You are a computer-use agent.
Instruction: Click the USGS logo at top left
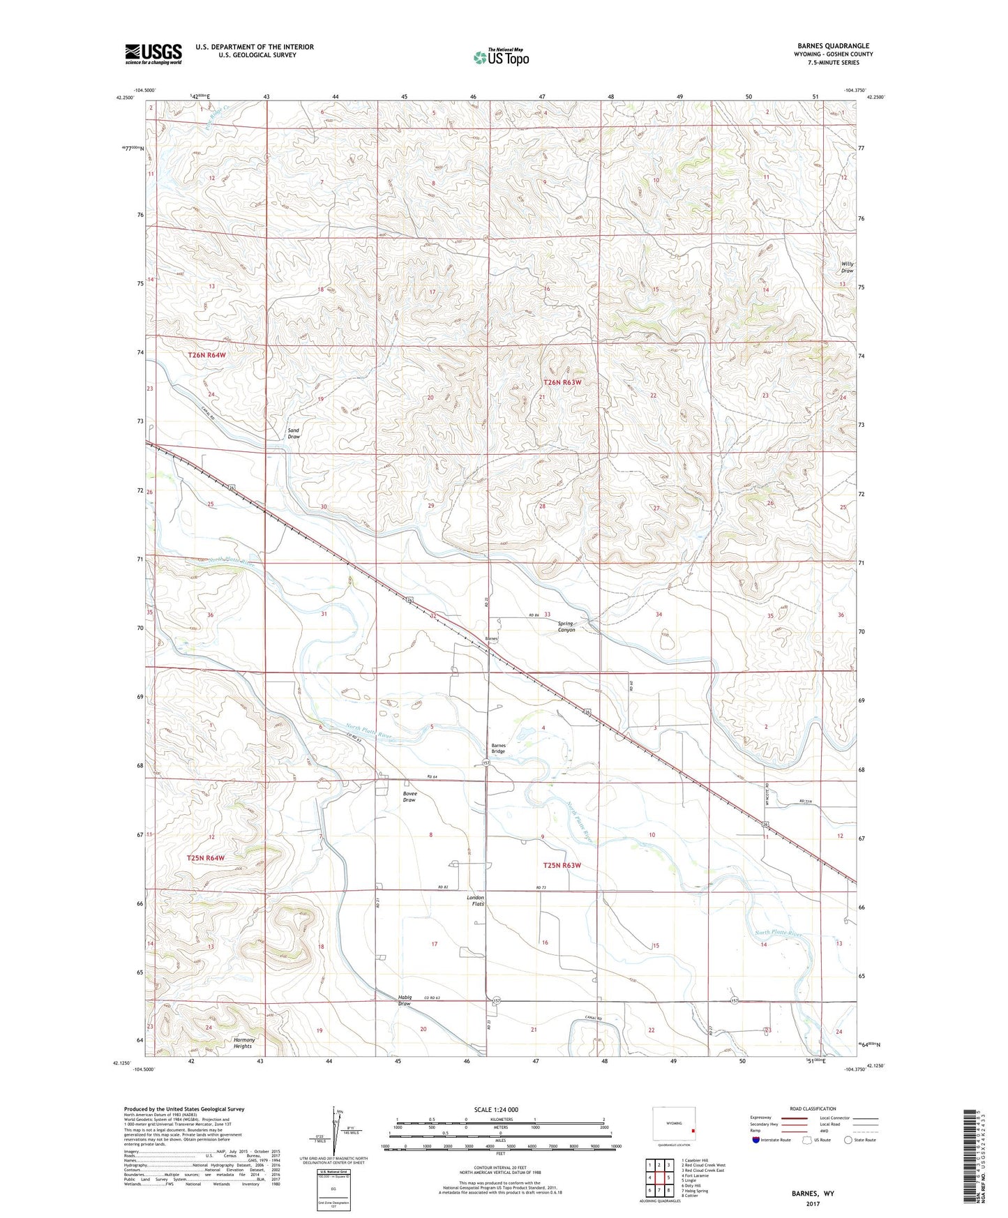[x=153, y=54]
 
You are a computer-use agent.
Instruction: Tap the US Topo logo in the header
[x=500, y=57]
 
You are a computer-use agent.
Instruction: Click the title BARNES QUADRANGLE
[x=833, y=46]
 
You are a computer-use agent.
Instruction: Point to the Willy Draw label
[x=847, y=267]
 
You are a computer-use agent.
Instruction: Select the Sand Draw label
[x=294, y=433]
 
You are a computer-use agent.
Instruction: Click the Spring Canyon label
[x=566, y=626]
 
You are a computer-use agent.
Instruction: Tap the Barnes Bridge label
[x=498, y=748]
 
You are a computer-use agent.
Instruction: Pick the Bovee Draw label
[x=409, y=797]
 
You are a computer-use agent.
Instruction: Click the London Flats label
[x=475, y=901]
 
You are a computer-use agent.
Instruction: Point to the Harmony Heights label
[x=243, y=1043]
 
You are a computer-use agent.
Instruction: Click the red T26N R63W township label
[x=562, y=382]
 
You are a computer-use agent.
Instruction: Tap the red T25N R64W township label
[x=206, y=857]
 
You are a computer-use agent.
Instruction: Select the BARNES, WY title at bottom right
[x=813, y=1194]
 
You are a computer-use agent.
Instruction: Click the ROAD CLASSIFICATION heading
[x=813, y=1108]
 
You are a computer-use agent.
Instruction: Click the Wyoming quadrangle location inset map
[x=673, y=1125]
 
